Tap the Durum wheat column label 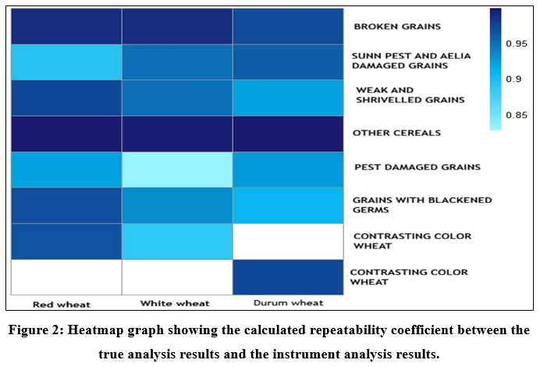point(289,302)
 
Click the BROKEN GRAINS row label point(397,27)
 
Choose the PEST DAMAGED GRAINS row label point(406,167)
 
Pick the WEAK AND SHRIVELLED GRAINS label point(398,94)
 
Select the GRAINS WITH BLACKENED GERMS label point(411,205)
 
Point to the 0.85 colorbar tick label point(516,116)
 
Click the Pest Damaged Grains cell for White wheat point(177,169)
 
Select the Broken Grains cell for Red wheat point(66,27)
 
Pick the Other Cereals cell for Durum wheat point(288,134)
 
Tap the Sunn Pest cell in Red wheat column point(66,62)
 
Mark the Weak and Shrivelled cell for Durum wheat point(288,98)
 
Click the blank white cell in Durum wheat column point(288,241)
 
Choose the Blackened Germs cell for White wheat point(177,205)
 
